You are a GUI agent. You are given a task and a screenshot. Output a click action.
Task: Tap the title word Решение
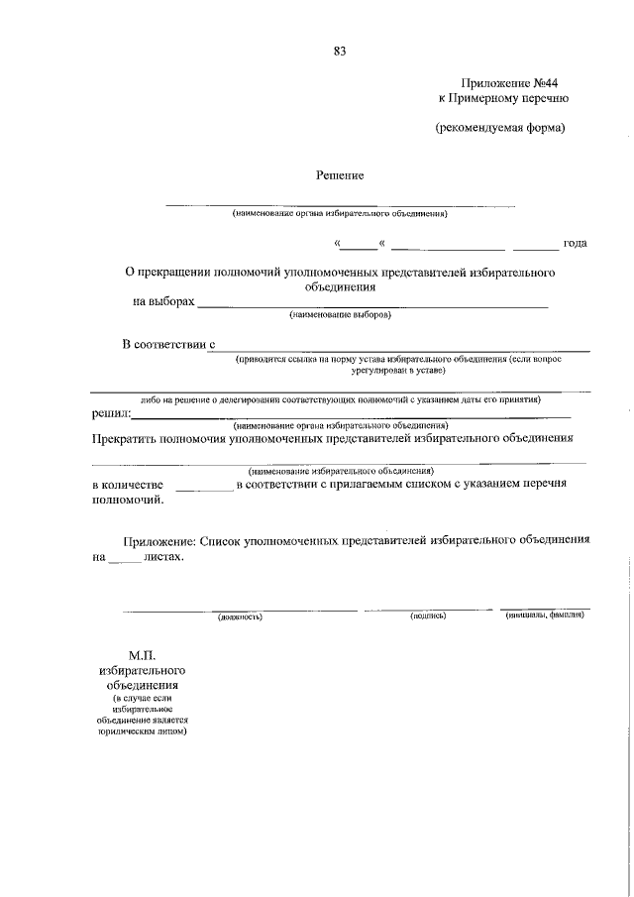(340, 175)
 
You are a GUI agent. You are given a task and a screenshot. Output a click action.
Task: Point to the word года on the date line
(575, 243)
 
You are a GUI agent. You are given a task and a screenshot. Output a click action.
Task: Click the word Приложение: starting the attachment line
(159, 541)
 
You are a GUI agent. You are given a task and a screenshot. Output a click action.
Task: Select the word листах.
(163, 557)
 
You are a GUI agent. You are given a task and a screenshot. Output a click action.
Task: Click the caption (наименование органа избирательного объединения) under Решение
(340, 213)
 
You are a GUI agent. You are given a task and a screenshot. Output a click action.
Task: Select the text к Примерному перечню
(503, 99)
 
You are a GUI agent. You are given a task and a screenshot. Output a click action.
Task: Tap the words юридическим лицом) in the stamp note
(144, 732)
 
